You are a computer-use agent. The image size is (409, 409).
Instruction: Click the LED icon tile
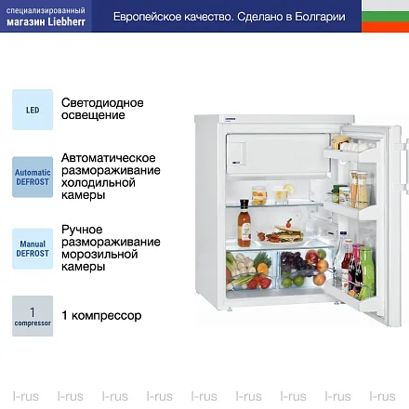point(33,110)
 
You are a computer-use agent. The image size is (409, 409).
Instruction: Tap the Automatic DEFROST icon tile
point(33,177)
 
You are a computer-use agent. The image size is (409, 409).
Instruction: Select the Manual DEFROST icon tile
point(33,248)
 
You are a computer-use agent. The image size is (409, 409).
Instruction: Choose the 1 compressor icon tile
point(33,316)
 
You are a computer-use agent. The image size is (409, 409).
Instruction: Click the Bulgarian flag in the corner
point(385,16)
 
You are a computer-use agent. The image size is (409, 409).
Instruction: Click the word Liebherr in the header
point(66,21)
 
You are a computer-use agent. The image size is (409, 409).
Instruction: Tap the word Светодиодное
point(102,102)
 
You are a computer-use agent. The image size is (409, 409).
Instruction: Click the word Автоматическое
point(108,158)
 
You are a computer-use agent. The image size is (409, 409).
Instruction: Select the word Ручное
point(82,230)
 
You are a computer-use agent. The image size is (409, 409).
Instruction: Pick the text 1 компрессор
point(101,316)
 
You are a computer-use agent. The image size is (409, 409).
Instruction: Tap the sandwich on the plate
point(288,233)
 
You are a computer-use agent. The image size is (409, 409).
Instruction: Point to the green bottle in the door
point(368,271)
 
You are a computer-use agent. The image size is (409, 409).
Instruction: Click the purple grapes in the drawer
point(293,262)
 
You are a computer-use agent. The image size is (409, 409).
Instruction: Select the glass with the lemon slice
point(283,194)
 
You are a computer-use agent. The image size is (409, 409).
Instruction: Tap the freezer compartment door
point(278,153)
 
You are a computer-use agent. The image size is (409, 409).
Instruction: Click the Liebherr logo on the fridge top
point(230,119)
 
